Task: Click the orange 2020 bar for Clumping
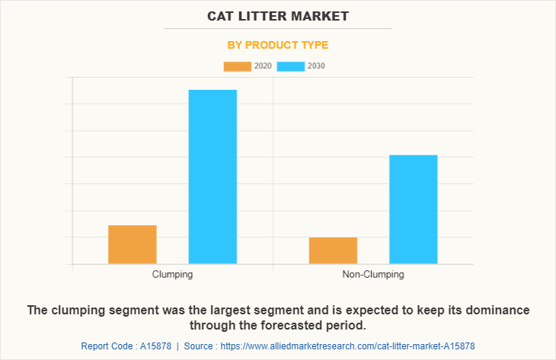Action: point(133,244)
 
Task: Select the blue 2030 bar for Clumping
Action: point(212,177)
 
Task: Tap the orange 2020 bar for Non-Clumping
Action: point(333,250)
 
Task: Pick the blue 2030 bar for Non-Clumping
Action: point(413,209)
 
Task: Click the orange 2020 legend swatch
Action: point(237,66)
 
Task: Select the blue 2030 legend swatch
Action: point(290,66)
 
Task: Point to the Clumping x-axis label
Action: point(172,274)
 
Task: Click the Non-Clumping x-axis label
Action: point(373,274)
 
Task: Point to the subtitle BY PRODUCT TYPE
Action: point(278,45)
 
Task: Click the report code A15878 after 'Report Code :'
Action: point(158,346)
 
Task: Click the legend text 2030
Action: point(316,66)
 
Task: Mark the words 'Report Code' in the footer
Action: point(106,346)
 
